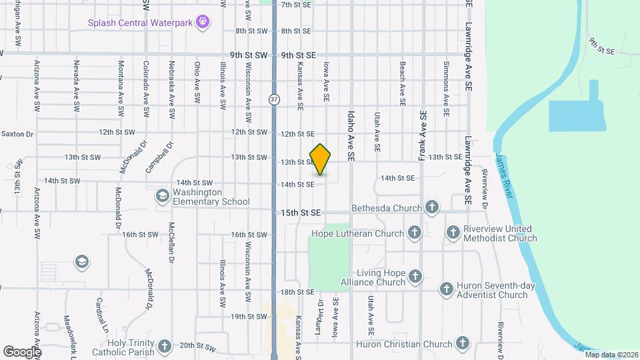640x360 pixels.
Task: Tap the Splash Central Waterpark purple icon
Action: (204, 23)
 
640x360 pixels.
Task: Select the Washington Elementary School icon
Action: (161, 196)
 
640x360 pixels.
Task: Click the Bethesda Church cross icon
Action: (431, 207)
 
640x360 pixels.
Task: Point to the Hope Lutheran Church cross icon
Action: (414, 233)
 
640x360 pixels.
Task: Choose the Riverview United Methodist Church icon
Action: (453, 233)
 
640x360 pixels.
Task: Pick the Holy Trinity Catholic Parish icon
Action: (164, 347)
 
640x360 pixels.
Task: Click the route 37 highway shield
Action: (274, 99)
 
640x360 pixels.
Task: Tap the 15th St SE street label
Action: (300, 213)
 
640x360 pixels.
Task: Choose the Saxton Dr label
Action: (17, 134)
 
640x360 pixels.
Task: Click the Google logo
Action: (21, 351)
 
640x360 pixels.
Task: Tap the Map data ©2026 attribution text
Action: (611, 355)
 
